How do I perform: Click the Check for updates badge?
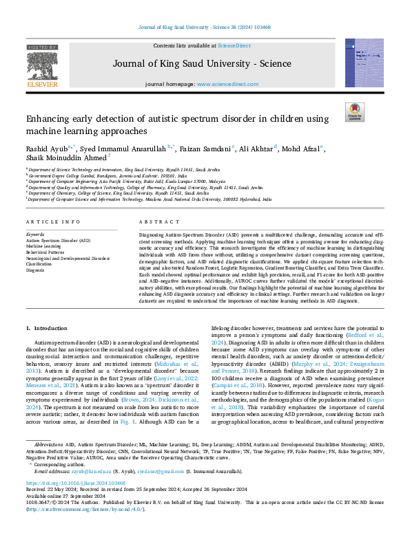coord(354,112)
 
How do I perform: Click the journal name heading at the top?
coord(205,64)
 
